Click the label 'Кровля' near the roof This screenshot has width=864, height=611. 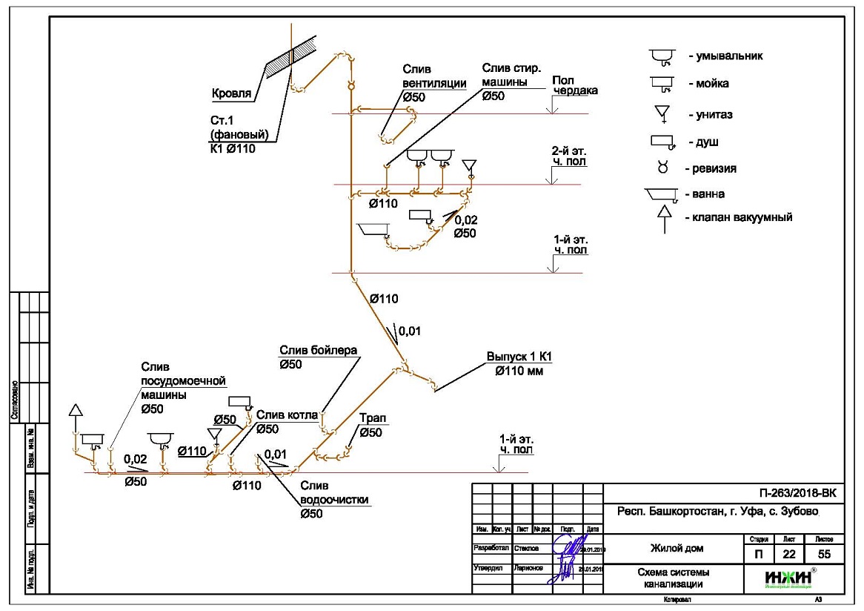(232, 94)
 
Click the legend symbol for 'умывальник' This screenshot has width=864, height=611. (662, 56)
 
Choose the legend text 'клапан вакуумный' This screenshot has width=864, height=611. (740, 217)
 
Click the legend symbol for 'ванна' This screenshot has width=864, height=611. (662, 194)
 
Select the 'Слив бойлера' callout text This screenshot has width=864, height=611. (318, 356)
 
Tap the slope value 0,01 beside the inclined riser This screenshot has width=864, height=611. (411, 331)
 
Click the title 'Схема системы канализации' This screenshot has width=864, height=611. (671, 578)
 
